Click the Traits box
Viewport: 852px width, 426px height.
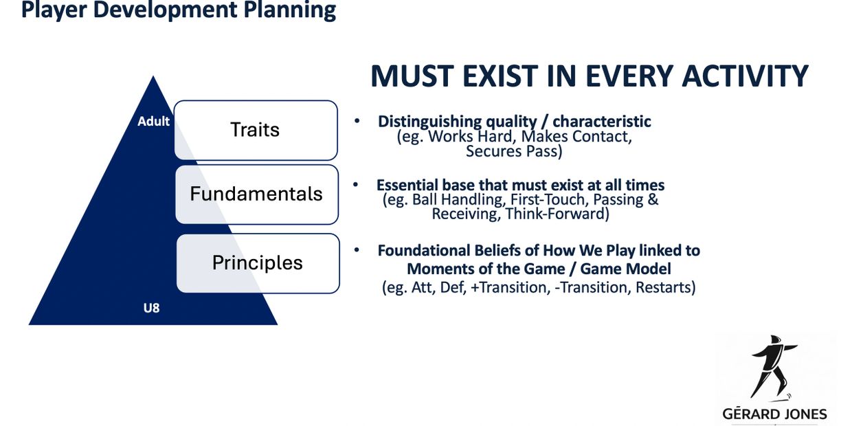tap(256, 130)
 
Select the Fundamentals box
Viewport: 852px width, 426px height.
tap(257, 194)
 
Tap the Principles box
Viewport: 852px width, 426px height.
tap(258, 263)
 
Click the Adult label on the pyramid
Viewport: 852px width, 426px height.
tap(153, 122)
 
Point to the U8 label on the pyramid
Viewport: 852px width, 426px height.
tap(151, 308)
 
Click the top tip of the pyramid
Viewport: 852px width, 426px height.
tap(153, 76)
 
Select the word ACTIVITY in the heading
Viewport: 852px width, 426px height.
tap(745, 76)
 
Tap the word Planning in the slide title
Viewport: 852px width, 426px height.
tap(290, 10)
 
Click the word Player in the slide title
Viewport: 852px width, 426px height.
tap(54, 10)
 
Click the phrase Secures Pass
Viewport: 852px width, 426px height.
tap(514, 151)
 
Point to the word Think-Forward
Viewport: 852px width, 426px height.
tap(557, 214)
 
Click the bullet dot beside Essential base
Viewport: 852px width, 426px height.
tap(356, 185)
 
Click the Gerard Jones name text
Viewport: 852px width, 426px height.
tap(775, 414)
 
